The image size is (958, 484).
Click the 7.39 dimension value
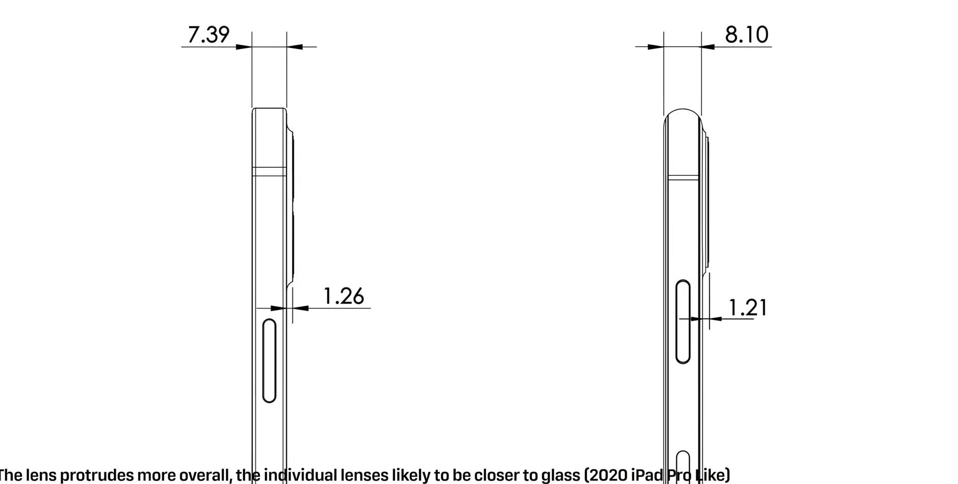tap(208, 35)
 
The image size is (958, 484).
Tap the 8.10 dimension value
tap(746, 35)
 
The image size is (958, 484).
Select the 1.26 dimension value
tap(344, 296)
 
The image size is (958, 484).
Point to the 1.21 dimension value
tap(747, 308)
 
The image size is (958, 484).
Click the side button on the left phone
tap(270, 360)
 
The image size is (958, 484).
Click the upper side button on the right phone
tap(683, 321)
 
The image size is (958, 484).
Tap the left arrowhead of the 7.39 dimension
tap(244, 47)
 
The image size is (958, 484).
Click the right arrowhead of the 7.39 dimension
tap(294, 47)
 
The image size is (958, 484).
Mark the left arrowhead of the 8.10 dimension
tap(655, 47)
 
